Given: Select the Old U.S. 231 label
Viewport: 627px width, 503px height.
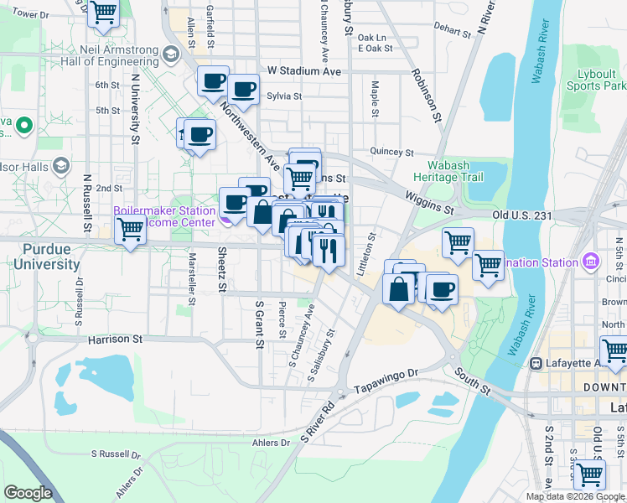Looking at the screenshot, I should [523, 215].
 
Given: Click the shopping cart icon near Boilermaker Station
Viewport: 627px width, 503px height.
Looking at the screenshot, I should [130, 230].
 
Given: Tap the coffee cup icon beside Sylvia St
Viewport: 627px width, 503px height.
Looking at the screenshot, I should [243, 91].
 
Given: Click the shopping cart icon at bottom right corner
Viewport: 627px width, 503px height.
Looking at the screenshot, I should [590, 474].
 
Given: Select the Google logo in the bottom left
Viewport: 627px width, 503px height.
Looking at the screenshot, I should [28, 493].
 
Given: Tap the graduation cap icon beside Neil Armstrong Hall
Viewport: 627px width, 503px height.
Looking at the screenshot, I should [171, 55].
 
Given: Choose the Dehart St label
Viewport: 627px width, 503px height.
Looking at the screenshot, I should [453, 30].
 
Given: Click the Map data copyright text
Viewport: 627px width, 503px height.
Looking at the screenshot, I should [576, 496].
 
